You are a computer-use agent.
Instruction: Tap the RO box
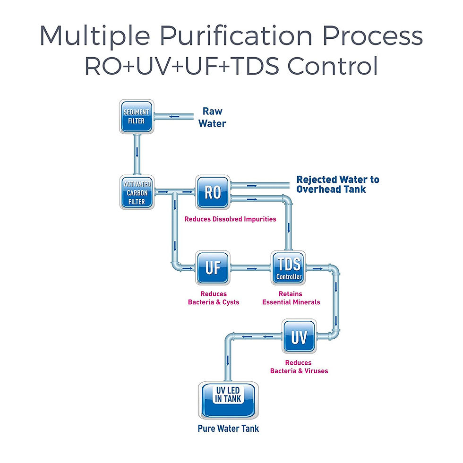coord(213,192)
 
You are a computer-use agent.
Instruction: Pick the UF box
coord(213,268)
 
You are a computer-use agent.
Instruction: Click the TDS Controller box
coord(289,268)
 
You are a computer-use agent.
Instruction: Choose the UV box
coord(299,337)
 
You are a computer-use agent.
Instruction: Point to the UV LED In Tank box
coord(228,398)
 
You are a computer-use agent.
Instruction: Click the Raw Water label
coord(212,117)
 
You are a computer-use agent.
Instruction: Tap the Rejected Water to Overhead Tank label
coord(337,184)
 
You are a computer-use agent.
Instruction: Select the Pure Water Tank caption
coord(228,429)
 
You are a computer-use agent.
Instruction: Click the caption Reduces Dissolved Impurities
coord(230,219)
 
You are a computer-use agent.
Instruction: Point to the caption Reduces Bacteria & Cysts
coord(214,298)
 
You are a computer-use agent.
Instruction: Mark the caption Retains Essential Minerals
coord(291,298)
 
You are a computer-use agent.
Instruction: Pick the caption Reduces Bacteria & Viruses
coord(299,367)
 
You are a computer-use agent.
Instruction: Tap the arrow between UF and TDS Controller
coord(252,268)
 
